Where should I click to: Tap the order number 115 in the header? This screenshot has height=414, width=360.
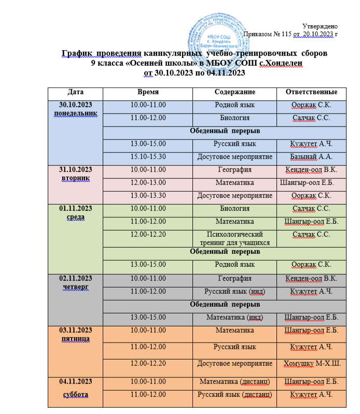coord(284,34)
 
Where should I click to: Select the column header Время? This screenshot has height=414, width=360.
coord(147,92)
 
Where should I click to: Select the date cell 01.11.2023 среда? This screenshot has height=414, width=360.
coord(75,212)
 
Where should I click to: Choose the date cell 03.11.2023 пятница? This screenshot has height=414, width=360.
coord(75,334)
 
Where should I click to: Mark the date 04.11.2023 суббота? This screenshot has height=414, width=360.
coord(75,388)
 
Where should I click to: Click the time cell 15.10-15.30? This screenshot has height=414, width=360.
coord(147,156)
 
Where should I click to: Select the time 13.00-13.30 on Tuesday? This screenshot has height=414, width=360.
coord(147,195)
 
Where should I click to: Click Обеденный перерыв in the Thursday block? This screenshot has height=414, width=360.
coord(225,304)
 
